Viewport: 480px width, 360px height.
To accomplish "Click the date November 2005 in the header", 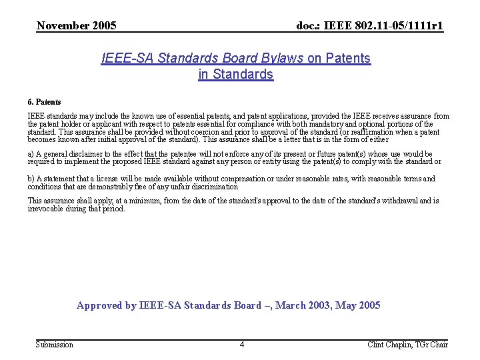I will [76, 26].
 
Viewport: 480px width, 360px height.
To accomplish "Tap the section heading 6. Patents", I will [44, 102].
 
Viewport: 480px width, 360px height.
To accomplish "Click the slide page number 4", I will [241, 345].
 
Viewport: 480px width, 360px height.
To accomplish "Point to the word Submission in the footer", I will [54, 345].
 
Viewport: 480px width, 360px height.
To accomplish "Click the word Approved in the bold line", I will [99, 305].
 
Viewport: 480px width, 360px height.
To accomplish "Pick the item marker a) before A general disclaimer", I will [31, 154].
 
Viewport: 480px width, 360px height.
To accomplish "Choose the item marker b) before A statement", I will [31, 179].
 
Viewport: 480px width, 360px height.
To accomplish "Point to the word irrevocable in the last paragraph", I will [47, 209].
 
